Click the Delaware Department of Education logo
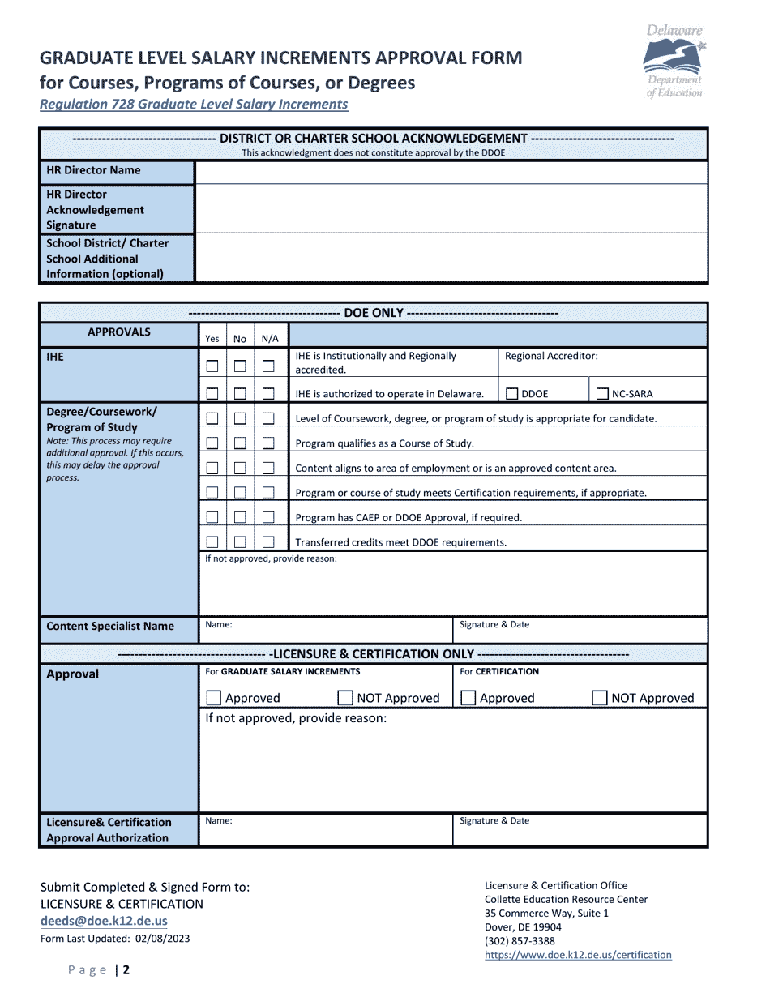(x=674, y=62)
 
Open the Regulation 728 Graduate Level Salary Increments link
(x=195, y=104)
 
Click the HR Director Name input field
(x=451, y=172)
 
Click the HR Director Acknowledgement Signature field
(x=451, y=209)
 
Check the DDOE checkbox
(x=511, y=394)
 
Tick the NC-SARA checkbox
(x=602, y=394)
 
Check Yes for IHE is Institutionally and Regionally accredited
(x=212, y=366)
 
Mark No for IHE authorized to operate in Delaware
(x=240, y=394)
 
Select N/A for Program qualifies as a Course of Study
(x=268, y=443)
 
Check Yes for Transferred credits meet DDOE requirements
(x=212, y=542)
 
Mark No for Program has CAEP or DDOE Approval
(x=240, y=517)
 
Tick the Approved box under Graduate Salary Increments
(x=214, y=698)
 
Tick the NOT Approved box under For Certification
(x=600, y=698)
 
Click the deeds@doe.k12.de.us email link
(x=104, y=921)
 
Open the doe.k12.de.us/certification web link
(x=578, y=955)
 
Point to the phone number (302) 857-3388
(x=520, y=941)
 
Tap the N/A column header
(x=269, y=339)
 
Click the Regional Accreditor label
(x=551, y=356)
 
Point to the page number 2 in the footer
(x=126, y=970)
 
